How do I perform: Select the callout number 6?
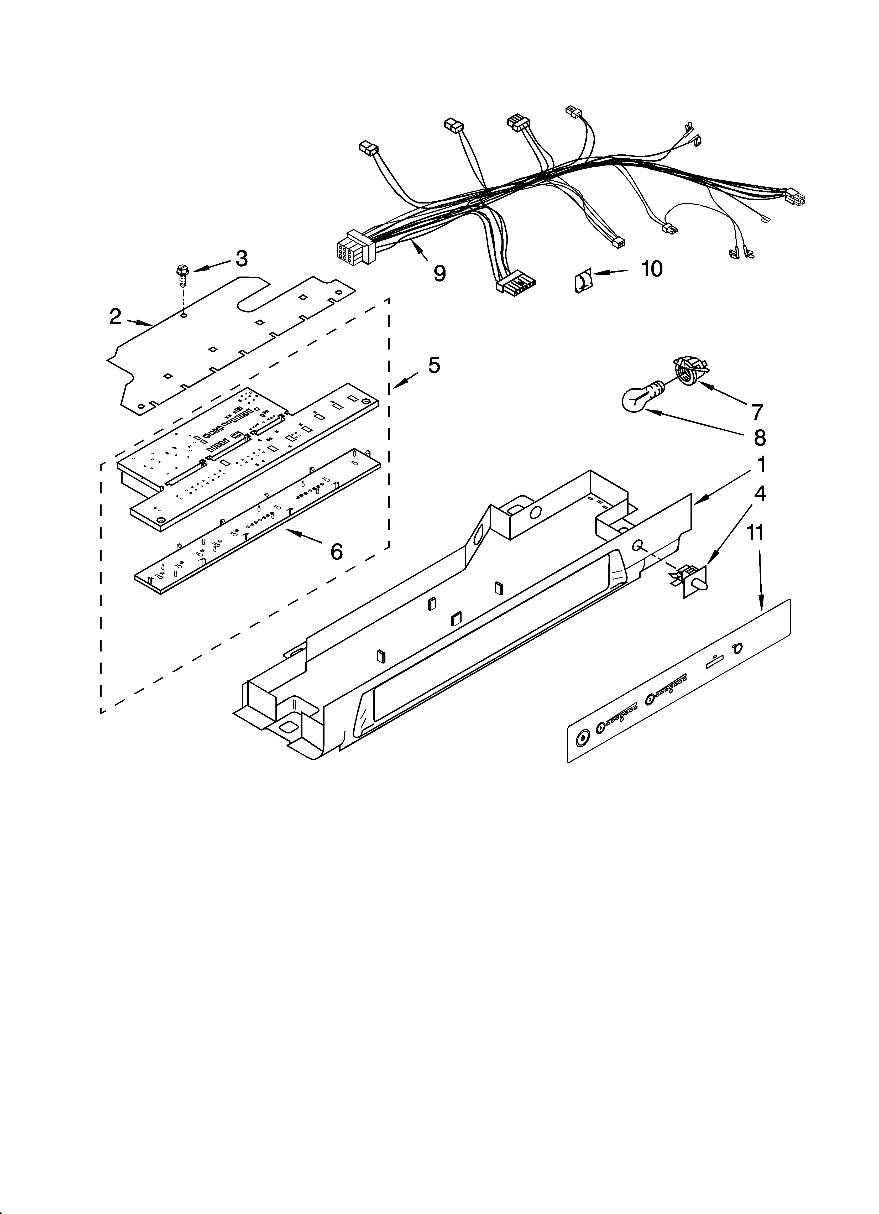336,551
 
